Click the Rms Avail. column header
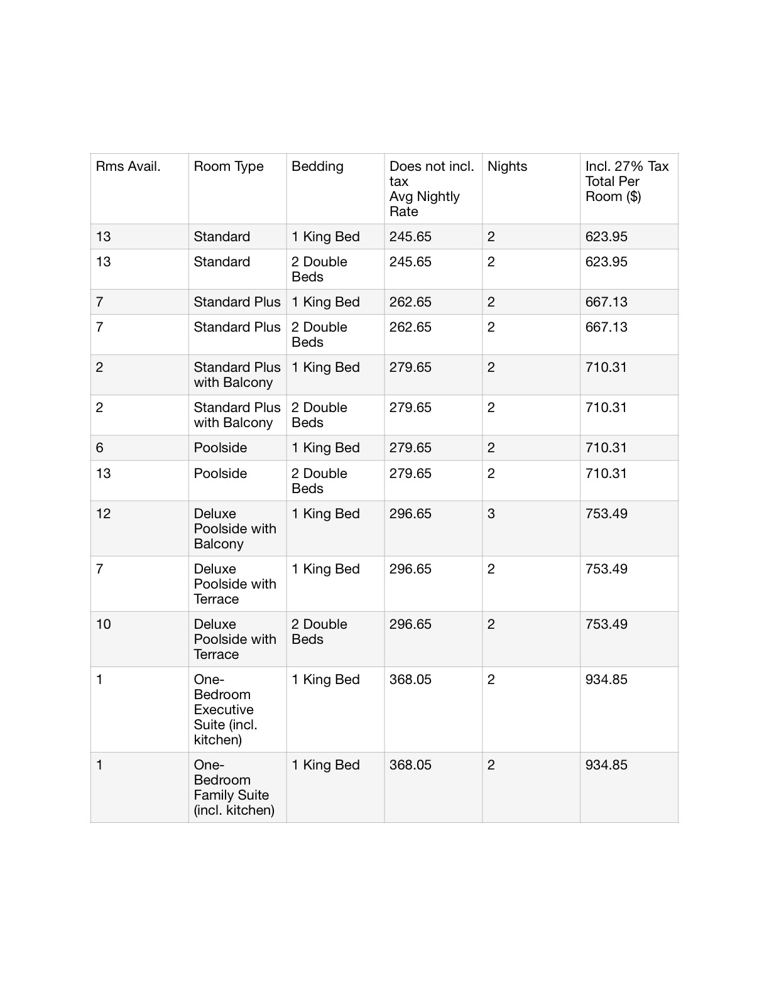[x=128, y=166]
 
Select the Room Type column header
[x=229, y=166]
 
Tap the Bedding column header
[x=317, y=166]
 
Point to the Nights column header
[x=507, y=166]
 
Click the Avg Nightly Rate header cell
[x=431, y=188]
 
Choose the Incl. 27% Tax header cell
[x=626, y=182]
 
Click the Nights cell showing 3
[x=491, y=514]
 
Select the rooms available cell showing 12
[x=104, y=514]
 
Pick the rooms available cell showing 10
[x=104, y=624]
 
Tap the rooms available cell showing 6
[x=100, y=448]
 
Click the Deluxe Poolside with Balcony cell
[x=235, y=528]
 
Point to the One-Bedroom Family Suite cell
[x=234, y=787]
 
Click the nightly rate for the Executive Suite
[x=410, y=680]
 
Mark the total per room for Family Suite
[x=606, y=765]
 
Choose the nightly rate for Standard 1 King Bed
[x=410, y=237]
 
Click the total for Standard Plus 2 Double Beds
[x=606, y=327]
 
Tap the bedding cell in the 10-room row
[x=319, y=631]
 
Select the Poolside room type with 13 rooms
[x=221, y=474]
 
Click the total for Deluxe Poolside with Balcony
[x=606, y=514]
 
